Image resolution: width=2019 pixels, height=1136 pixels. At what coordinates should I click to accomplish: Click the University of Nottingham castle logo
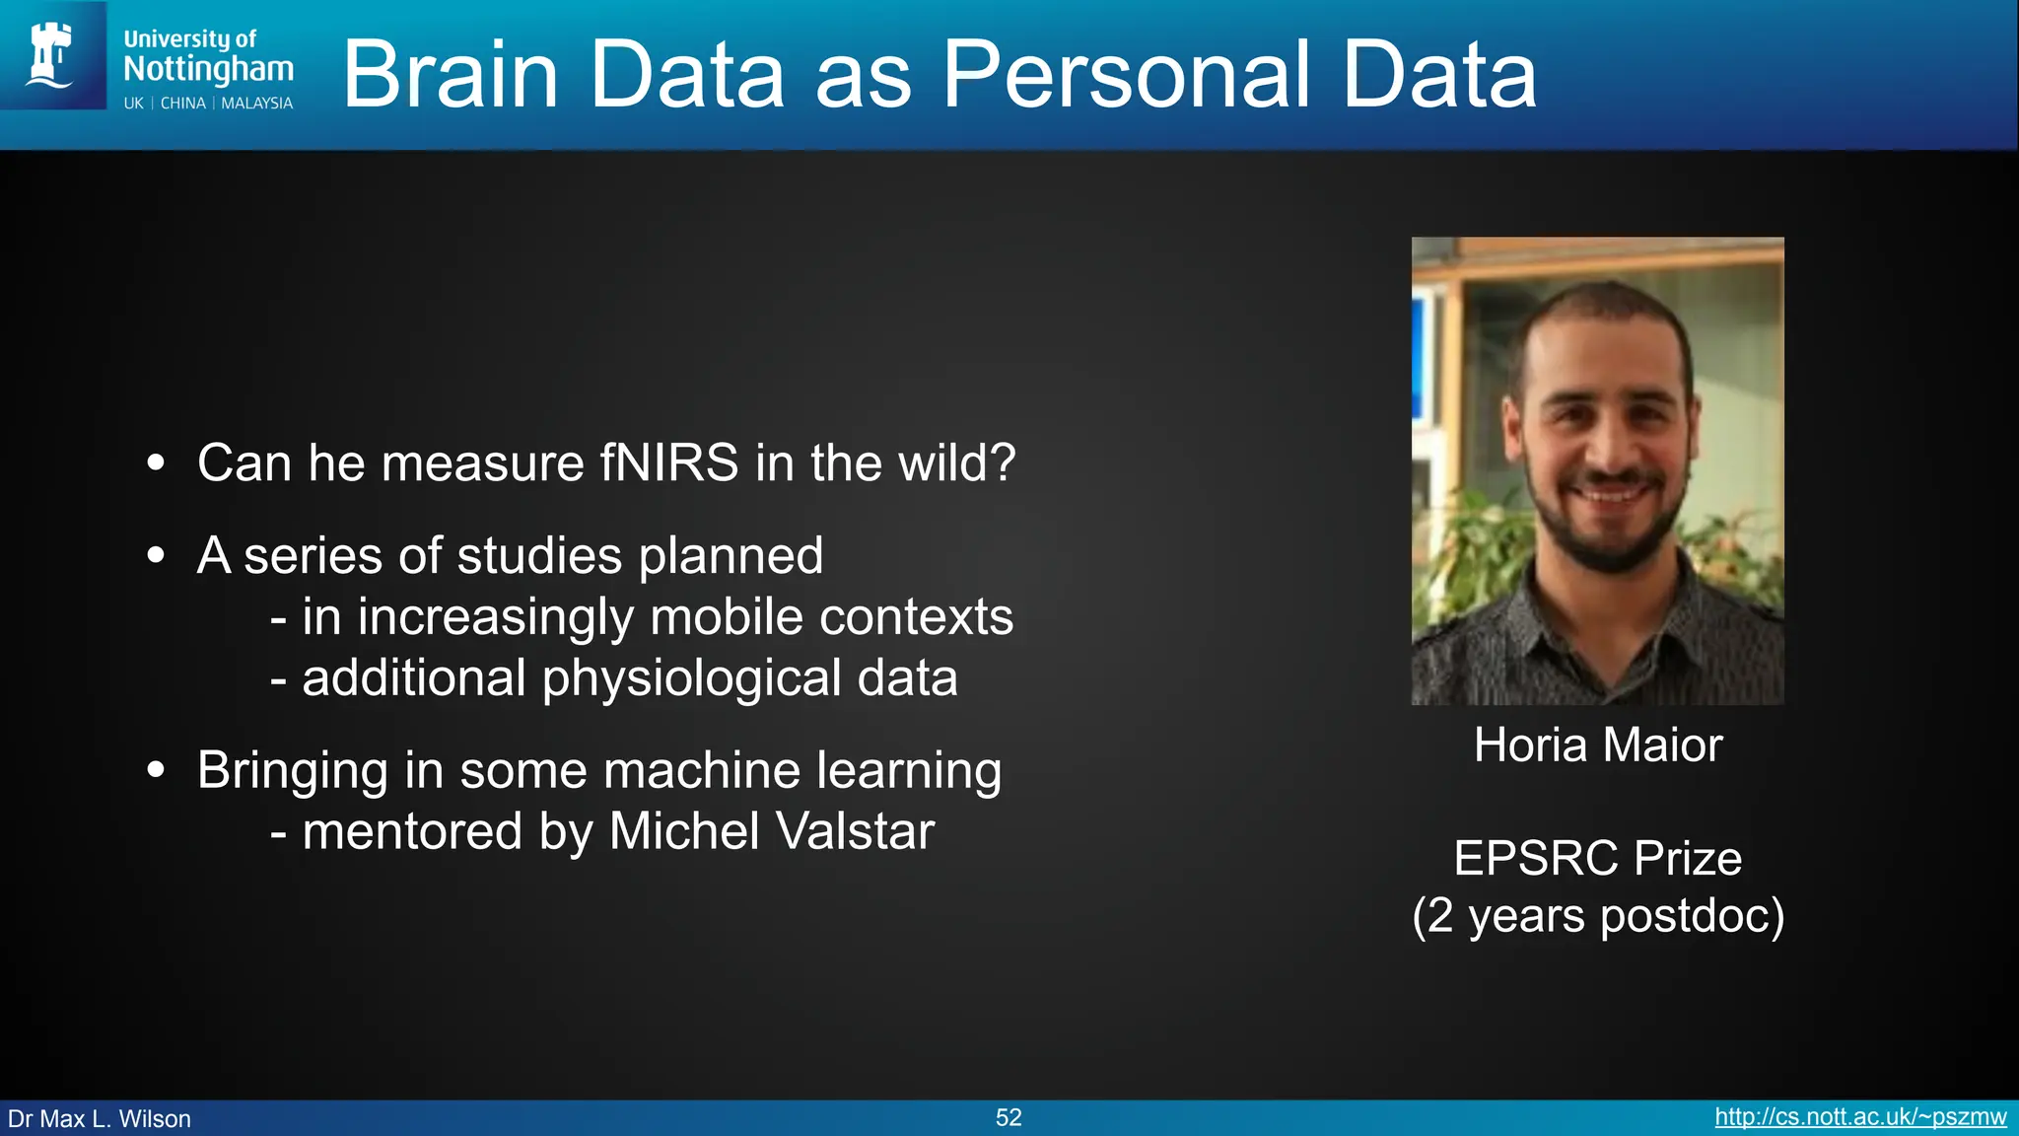(x=51, y=55)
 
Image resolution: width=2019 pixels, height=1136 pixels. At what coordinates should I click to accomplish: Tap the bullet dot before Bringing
(x=156, y=770)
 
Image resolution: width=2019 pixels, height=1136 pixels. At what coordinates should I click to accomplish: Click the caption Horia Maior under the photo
(x=1597, y=745)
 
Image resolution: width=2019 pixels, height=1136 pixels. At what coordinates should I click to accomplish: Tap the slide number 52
(x=1009, y=1117)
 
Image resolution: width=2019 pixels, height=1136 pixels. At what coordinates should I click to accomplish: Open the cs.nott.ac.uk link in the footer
(x=1859, y=1117)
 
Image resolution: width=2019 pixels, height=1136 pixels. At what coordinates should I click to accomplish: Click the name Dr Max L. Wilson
(x=100, y=1119)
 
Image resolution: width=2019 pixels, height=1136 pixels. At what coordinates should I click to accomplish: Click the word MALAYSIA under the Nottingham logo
(x=256, y=104)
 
